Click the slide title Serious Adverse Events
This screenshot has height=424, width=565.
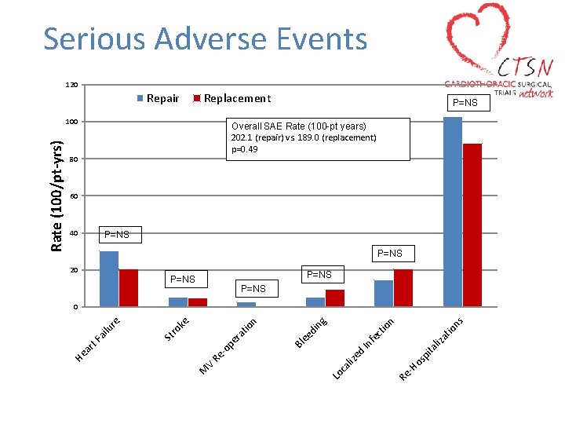205,38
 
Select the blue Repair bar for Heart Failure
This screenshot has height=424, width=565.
109,279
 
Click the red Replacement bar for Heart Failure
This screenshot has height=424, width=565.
129,287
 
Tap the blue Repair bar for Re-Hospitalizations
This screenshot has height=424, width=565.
453,211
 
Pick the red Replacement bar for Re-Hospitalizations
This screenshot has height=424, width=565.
472,225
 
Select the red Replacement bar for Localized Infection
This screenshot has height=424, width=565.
403,287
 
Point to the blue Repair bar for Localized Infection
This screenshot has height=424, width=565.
384,293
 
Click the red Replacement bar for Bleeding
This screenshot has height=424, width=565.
335,298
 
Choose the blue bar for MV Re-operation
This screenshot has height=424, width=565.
246,304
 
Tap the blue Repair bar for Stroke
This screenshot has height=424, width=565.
178,302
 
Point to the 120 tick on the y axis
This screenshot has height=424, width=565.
71,85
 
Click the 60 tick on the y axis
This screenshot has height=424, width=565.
73,196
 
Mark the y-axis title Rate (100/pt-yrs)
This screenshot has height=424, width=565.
56,196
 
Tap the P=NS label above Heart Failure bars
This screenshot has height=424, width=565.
117,235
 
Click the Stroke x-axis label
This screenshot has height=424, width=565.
177,329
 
